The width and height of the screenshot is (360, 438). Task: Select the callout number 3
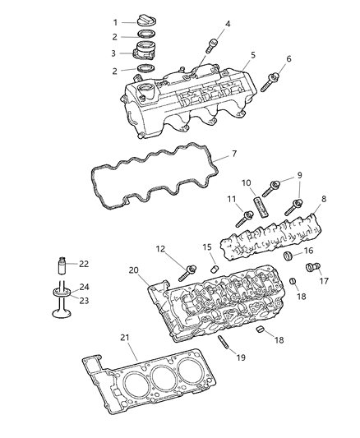[x=116, y=53]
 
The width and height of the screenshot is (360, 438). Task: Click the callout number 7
[x=234, y=154]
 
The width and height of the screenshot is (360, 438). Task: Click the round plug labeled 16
[x=288, y=257]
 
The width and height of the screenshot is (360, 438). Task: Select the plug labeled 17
[x=312, y=266]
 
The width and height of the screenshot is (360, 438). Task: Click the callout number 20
[x=133, y=270]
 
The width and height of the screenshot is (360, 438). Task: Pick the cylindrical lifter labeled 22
[x=59, y=265]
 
